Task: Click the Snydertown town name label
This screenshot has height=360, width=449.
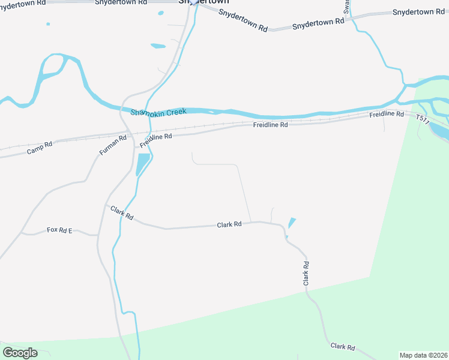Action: (203, 2)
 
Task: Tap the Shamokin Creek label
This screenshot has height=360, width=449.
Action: (159, 112)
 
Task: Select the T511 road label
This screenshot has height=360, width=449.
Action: (423, 120)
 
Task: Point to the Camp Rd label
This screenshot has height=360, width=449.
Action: (40, 148)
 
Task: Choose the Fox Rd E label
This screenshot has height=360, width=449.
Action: (59, 230)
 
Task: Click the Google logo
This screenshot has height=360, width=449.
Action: (20, 352)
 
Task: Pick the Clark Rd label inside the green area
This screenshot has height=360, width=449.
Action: (342, 347)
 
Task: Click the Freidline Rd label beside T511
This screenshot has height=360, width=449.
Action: (387, 114)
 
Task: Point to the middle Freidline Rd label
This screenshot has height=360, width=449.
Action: (270, 125)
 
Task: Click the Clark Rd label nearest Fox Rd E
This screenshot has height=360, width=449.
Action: (122, 212)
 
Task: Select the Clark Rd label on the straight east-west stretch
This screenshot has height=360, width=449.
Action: (229, 224)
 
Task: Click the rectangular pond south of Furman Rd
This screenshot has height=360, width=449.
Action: (143, 164)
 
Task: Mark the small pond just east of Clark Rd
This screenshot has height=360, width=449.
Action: (292, 223)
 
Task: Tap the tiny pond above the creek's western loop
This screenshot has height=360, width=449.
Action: (48, 24)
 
